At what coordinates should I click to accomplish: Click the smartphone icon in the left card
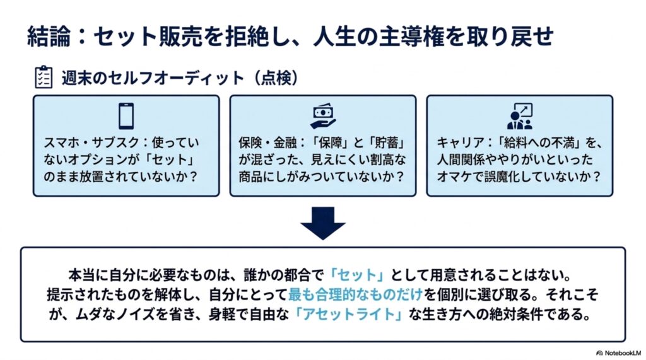pyautogui.click(x=126, y=116)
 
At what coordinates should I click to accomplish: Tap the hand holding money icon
pyautogui.click(x=323, y=116)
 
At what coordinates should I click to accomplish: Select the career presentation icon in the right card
pyautogui.click(x=520, y=116)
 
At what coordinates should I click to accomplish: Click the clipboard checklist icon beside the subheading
pyautogui.click(x=44, y=77)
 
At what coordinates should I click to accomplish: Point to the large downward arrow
pyautogui.click(x=323, y=223)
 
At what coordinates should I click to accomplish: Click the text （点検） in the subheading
pyautogui.click(x=276, y=78)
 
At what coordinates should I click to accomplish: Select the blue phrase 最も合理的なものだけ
pyautogui.click(x=356, y=294)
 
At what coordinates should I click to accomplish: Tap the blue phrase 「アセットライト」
pyautogui.click(x=349, y=314)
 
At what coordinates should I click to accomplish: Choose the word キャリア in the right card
pyautogui.click(x=461, y=142)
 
